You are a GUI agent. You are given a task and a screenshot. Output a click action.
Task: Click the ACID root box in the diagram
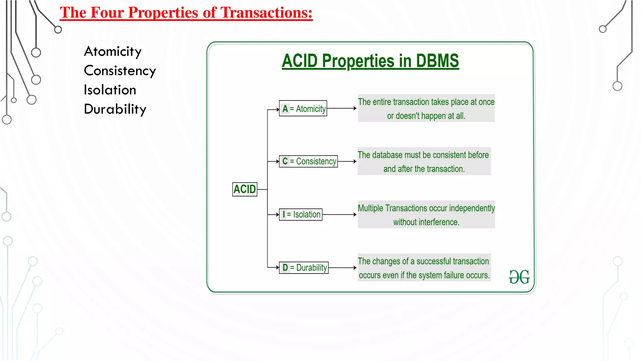coord(245,189)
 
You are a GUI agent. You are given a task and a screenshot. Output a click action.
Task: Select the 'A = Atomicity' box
coord(303,108)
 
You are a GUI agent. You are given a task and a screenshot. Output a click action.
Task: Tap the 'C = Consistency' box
coord(308,161)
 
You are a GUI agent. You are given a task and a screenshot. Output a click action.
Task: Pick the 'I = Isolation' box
coord(301,215)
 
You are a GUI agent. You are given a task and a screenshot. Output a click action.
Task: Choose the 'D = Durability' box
coord(304,268)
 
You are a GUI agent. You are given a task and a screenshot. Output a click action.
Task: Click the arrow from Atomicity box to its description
coord(342,108)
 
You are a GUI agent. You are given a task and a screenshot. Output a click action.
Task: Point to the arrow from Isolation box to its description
coord(339,215)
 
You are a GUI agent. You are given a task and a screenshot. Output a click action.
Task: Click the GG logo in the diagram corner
coord(519,277)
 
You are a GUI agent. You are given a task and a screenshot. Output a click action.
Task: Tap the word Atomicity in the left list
coord(113,51)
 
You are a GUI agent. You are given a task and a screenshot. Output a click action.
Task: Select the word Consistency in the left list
coord(120,71)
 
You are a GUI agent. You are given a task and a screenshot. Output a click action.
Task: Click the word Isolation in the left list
coord(110,90)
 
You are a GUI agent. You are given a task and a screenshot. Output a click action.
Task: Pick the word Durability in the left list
coord(115,109)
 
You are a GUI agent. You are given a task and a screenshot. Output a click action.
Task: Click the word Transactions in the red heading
coord(266,13)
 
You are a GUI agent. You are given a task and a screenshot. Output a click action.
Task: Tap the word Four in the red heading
coord(107,13)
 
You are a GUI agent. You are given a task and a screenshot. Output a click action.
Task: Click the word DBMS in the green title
coord(437,61)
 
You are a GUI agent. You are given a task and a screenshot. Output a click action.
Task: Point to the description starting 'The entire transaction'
coord(426,108)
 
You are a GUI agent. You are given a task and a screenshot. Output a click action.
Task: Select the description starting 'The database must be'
coord(424,161)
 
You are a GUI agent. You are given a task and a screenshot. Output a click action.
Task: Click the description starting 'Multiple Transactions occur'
coord(426,215)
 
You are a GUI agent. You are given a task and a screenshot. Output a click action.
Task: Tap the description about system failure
coord(424,268)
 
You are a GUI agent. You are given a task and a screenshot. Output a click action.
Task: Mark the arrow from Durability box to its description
coord(343,268)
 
